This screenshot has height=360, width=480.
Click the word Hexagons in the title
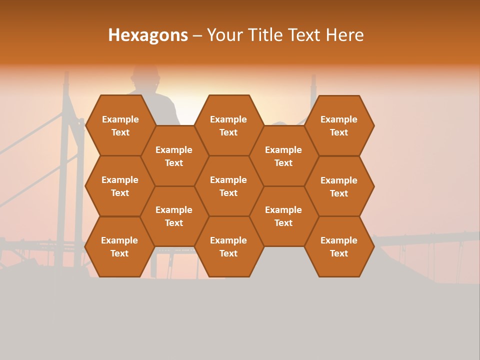(148, 35)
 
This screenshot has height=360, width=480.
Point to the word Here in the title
(345, 35)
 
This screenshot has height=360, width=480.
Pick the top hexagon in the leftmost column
(120, 125)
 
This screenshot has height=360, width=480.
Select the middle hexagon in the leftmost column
(120, 186)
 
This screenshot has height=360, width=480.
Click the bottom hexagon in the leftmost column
(119, 246)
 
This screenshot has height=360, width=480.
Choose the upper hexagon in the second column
(174, 156)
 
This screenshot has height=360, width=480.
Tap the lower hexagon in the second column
(174, 216)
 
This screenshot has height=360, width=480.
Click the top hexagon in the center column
(228, 125)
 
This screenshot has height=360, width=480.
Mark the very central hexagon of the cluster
(228, 186)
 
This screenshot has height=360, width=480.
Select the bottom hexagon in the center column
(228, 246)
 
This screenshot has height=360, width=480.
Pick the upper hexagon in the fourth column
(283, 156)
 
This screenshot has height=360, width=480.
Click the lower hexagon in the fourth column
(283, 216)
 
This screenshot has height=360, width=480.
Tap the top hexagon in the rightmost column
(339, 125)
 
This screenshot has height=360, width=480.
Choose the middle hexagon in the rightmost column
(339, 186)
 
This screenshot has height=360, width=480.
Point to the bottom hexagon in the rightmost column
(339, 246)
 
